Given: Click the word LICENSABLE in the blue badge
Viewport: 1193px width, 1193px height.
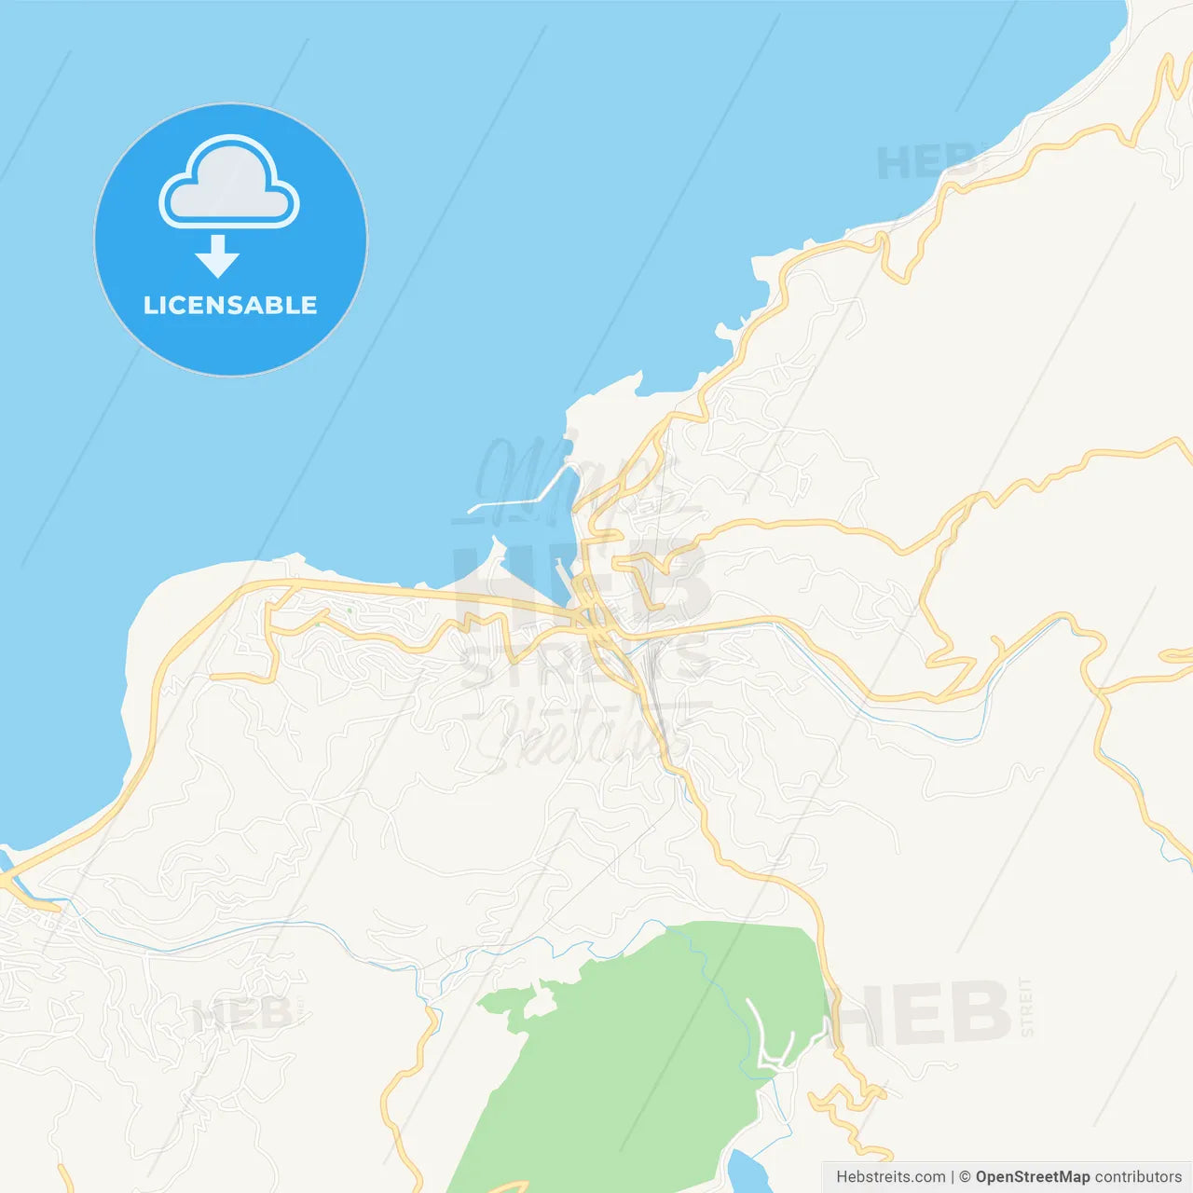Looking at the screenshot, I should (x=230, y=306).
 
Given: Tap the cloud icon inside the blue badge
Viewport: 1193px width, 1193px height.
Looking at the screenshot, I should (x=229, y=185).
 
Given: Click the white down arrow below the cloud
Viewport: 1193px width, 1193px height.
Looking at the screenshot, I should (x=218, y=256).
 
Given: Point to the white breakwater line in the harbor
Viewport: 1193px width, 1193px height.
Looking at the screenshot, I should (x=522, y=494).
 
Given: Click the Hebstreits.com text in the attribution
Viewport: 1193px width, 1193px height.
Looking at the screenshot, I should (x=890, y=1177).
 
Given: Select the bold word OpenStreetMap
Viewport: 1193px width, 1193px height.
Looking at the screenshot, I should (x=1032, y=1177).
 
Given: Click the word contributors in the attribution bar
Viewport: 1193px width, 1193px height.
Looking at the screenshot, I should (x=1138, y=1177).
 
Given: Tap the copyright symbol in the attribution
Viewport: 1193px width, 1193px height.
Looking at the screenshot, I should (x=965, y=1177).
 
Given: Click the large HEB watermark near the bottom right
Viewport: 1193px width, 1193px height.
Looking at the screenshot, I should (x=923, y=1013).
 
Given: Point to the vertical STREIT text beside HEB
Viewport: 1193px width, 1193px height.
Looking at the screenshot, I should (x=1026, y=1007).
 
